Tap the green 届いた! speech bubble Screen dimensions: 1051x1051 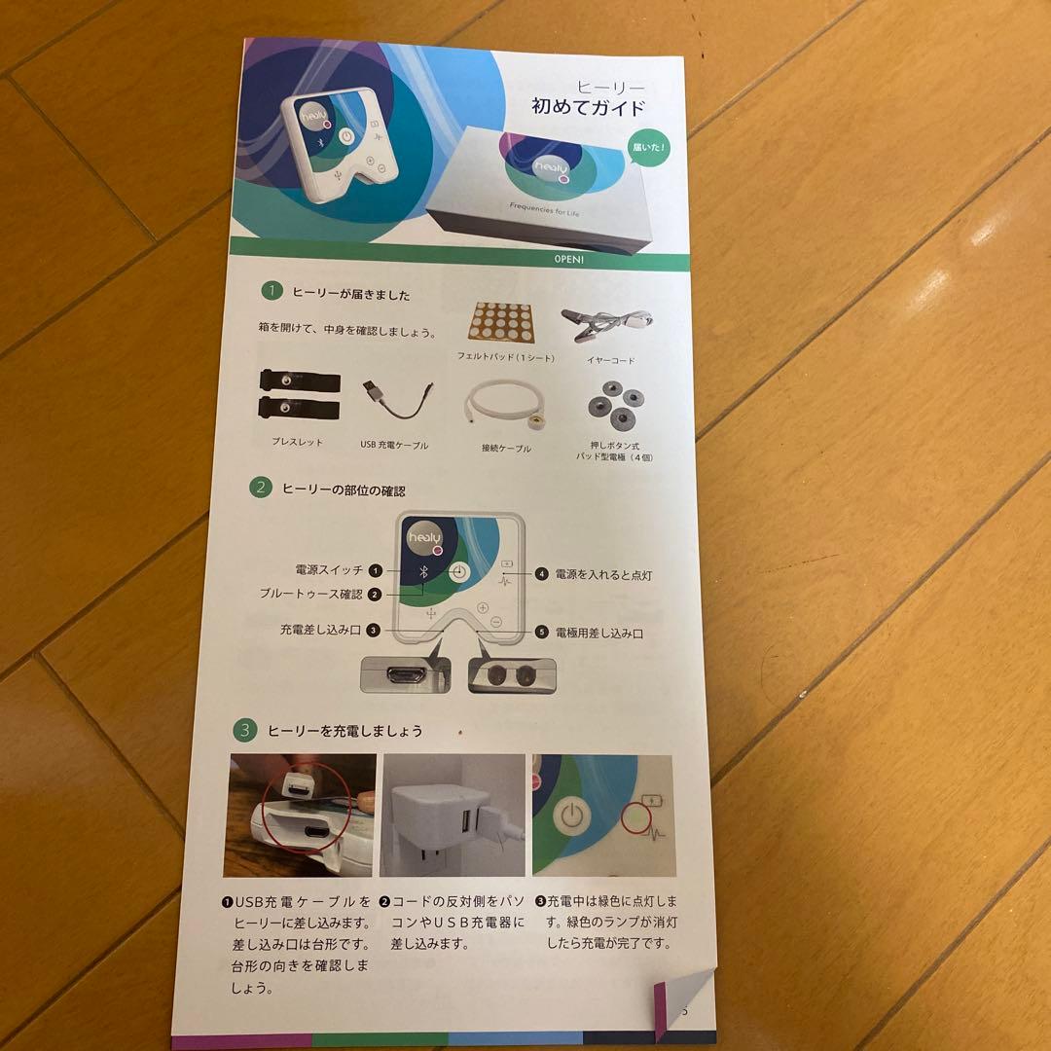tap(647, 148)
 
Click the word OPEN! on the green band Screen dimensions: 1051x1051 tap(569, 260)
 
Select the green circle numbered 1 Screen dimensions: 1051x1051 tap(272, 290)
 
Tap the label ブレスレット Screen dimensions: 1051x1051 tap(298, 442)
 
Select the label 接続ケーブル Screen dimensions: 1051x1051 tap(506, 448)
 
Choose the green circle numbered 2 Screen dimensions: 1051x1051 tap(260, 489)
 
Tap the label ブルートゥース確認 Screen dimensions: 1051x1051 tap(310, 594)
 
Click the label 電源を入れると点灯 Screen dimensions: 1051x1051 tap(603, 575)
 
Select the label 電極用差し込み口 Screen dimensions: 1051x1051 tap(598, 634)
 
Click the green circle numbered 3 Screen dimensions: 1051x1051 tap(245, 730)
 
